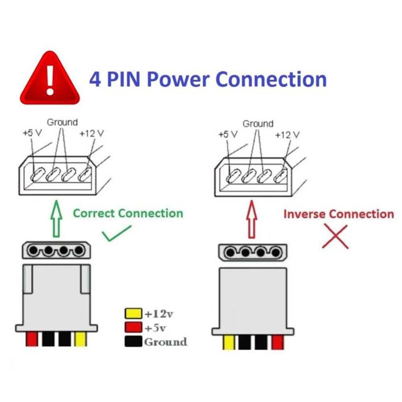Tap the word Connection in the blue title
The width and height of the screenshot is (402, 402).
pyautogui.click(x=272, y=79)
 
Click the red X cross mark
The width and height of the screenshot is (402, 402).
pyautogui.click(x=335, y=236)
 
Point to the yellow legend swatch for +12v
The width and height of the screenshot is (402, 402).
pyautogui.click(x=133, y=314)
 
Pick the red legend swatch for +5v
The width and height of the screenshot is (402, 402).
pyautogui.click(x=133, y=328)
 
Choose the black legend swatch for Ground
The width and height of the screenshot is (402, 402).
pyautogui.click(x=133, y=341)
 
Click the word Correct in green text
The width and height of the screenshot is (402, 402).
pyautogui.click(x=94, y=214)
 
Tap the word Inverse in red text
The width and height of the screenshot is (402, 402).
pyautogui.click(x=304, y=214)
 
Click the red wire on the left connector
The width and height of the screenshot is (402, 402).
pyautogui.click(x=32, y=339)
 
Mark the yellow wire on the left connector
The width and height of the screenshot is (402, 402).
pyautogui.click(x=80, y=339)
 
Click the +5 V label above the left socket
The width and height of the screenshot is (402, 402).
pyautogui.click(x=32, y=133)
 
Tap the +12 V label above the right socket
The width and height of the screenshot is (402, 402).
pyautogui.click(x=287, y=135)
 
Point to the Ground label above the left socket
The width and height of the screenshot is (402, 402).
pyautogui.click(x=62, y=122)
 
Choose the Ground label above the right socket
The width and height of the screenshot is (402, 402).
pyautogui.click(x=258, y=124)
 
